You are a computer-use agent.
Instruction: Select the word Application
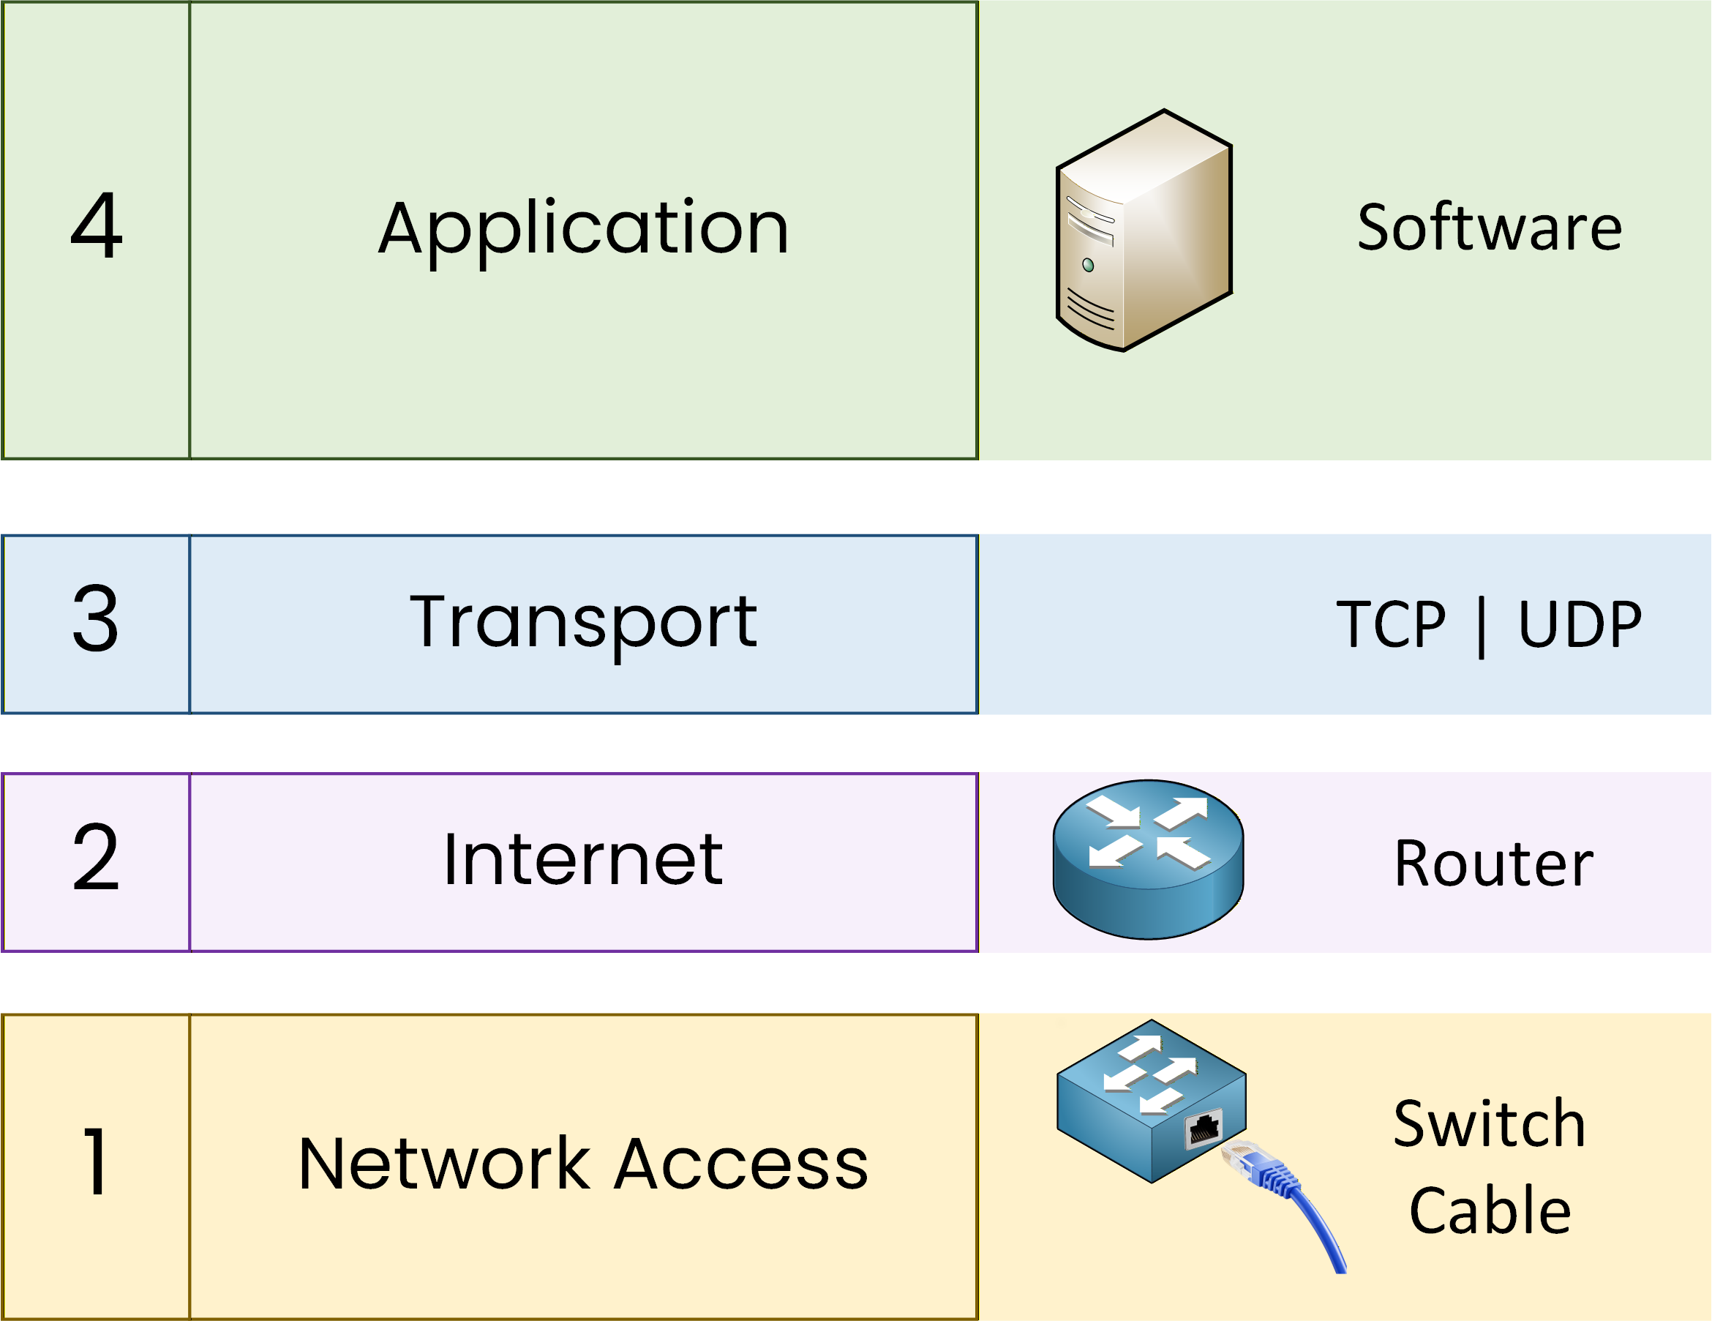(x=583, y=229)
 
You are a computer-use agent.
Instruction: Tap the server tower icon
(x=1144, y=231)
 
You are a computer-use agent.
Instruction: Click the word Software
(x=1489, y=228)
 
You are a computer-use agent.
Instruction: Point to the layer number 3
(x=96, y=618)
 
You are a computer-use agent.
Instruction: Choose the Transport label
(x=583, y=624)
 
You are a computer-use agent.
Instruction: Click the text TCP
(x=1391, y=625)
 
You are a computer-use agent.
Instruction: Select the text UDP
(x=1580, y=625)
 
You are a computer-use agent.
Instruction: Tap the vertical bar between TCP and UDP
(x=1481, y=627)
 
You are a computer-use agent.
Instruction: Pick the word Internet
(x=583, y=860)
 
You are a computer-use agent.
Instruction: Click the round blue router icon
(x=1148, y=859)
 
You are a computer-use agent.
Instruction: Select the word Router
(x=1493, y=863)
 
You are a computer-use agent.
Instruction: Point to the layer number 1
(x=96, y=1161)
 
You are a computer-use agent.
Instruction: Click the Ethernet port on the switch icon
(x=1204, y=1129)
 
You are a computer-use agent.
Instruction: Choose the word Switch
(x=1490, y=1124)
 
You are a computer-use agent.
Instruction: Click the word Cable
(x=1490, y=1210)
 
